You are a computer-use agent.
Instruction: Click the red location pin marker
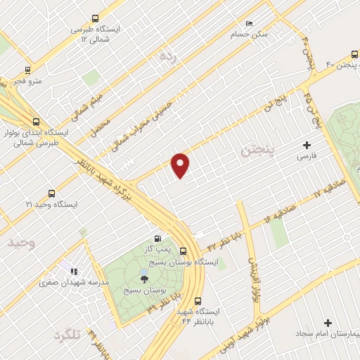coord(181,165)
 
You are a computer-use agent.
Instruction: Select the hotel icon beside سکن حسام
coord(249,23)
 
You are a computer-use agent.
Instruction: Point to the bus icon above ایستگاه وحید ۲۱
coord(51,193)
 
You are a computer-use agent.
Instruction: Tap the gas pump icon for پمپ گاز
coord(167,238)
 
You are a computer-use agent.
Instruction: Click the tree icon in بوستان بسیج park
coord(144,280)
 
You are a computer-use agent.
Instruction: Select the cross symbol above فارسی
coord(307,144)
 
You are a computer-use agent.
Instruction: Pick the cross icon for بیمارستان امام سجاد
coord(327,323)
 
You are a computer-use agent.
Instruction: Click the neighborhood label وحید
coord(21,243)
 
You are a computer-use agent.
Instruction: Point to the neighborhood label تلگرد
coord(67,335)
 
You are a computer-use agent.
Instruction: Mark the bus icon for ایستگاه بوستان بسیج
coord(184,252)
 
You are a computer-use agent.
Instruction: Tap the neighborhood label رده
coord(166,55)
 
